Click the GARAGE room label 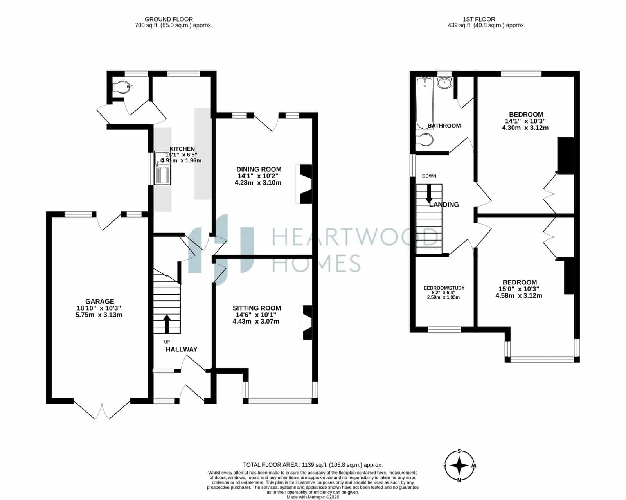(99, 301)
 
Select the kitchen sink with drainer (162, 168)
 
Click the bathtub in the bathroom (425, 104)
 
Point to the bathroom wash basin (444, 83)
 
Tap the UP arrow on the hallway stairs (167, 324)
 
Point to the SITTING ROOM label (257, 308)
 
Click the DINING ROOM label (259, 169)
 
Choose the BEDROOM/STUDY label (444, 288)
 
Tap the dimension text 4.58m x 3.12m (519, 295)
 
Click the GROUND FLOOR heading (169, 19)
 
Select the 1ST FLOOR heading (479, 19)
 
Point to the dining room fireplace (304, 184)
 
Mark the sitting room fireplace (306, 322)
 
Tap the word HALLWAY (182, 349)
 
